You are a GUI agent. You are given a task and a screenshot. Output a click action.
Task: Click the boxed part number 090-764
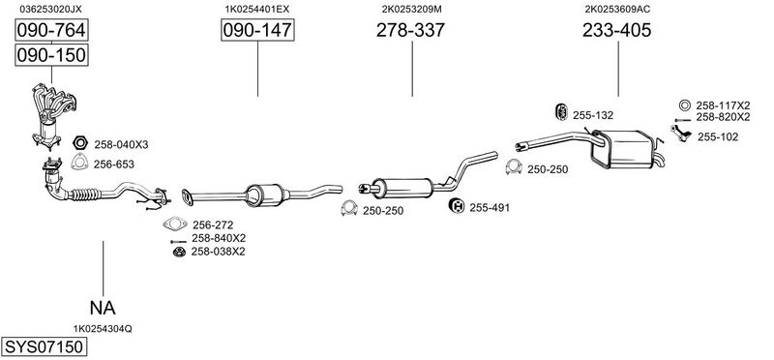point(51,31)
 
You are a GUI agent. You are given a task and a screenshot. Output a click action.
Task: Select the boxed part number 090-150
point(51,55)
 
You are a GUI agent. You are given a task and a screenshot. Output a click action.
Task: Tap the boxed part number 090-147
point(257,31)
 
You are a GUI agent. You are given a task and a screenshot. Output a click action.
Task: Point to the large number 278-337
point(410,31)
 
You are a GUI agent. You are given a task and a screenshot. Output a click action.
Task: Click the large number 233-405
point(616,31)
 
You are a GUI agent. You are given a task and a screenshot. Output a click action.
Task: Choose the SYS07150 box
point(44,346)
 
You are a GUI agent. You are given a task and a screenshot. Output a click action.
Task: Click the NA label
point(103,308)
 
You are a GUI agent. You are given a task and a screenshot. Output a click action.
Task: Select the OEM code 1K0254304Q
point(103,329)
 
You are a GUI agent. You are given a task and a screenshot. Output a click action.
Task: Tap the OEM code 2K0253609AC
point(617,9)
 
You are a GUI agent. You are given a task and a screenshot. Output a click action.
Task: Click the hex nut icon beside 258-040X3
point(79,143)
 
